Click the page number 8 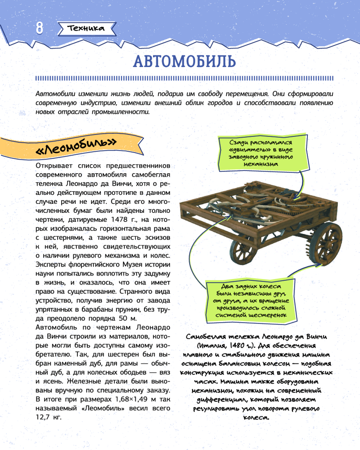(39, 27)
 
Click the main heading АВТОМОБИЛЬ (184, 61)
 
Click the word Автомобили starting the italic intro (56, 94)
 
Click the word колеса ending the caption (257, 417)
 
